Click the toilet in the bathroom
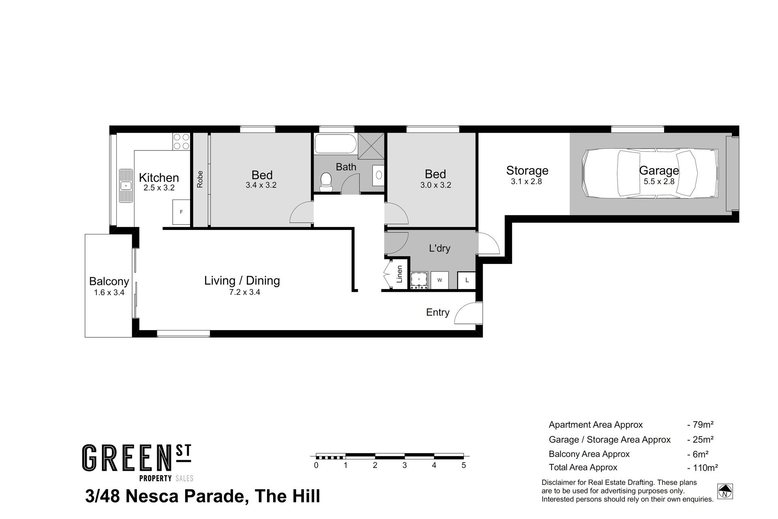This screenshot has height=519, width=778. coord(325,182)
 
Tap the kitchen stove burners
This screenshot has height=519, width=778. coord(182,142)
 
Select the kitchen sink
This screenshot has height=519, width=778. coord(126,186)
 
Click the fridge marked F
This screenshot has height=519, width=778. coord(181,212)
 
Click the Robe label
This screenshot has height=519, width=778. coord(200,180)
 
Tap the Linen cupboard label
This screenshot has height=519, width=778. coord(400,274)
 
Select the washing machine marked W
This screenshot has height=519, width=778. coord(440,280)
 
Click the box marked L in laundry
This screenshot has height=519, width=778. coord(467,280)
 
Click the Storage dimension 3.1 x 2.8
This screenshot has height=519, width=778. coord(526,182)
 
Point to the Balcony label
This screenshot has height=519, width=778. coord(109,281)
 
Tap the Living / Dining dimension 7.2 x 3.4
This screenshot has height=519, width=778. coord(245,292)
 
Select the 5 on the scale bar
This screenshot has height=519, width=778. coord(464,465)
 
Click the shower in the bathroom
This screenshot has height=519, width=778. coord(370,146)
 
